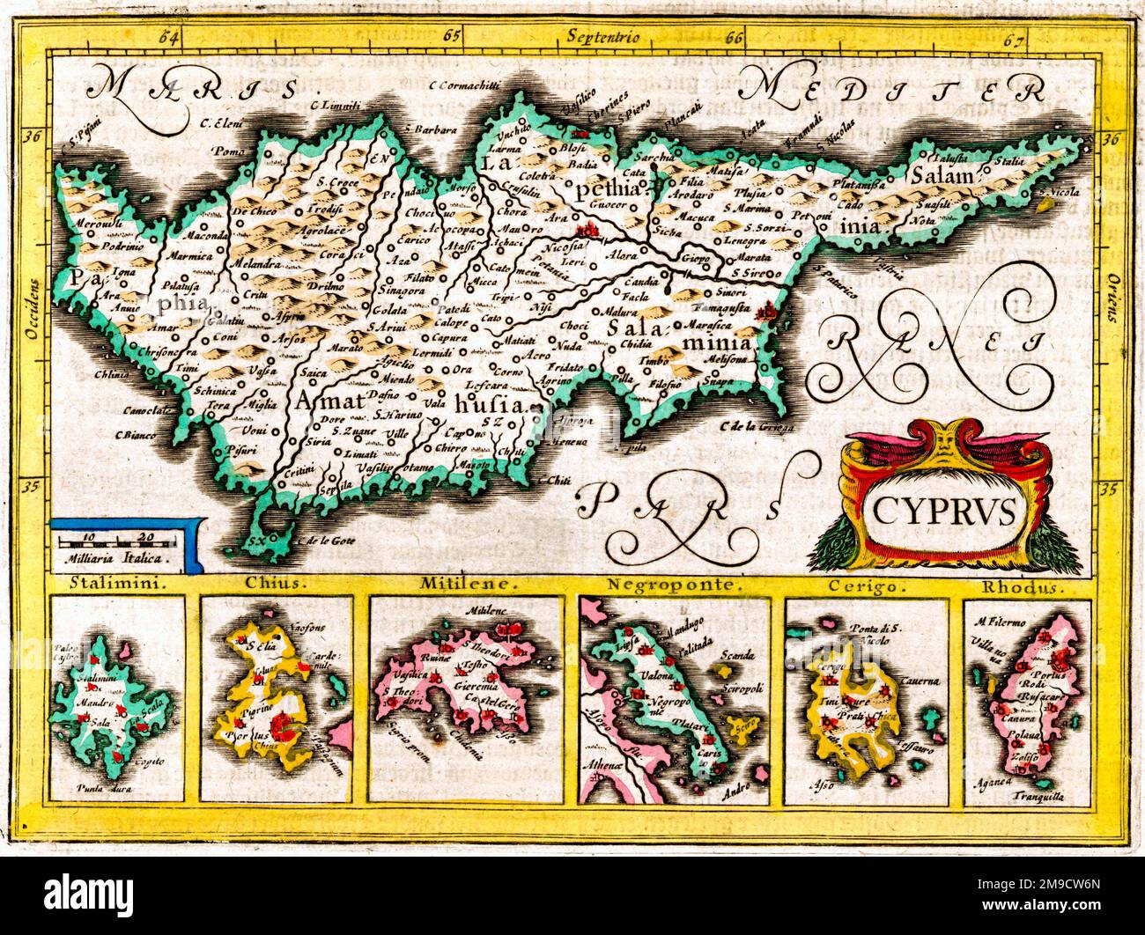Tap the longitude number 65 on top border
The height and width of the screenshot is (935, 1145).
tap(453, 37)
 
